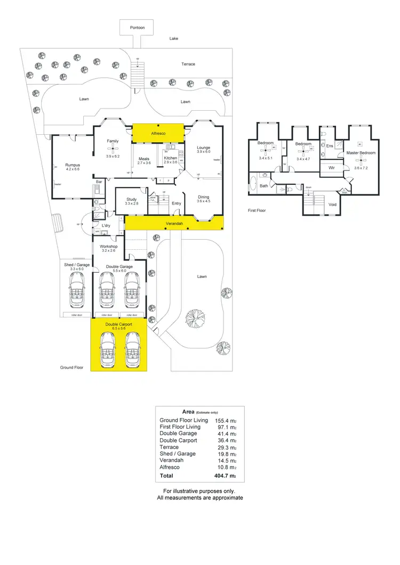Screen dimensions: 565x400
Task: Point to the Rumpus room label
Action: click(x=72, y=165)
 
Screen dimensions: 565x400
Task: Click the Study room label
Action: click(x=131, y=199)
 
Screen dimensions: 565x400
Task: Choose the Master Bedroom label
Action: click(x=361, y=153)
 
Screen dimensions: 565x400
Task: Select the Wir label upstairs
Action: click(x=331, y=167)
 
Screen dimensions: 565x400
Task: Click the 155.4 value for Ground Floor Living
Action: click(x=222, y=420)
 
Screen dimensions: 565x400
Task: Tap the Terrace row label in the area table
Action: click(x=170, y=447)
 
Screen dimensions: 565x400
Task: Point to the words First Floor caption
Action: click(x=257, y=210)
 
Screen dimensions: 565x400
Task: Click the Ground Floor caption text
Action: click(x=71, y=367)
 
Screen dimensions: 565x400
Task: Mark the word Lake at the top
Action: click(x=174, y=39)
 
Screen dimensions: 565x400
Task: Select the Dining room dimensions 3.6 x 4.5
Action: click(x=204, y=201)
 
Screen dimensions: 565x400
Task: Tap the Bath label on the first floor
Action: click(x=263, y=186)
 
